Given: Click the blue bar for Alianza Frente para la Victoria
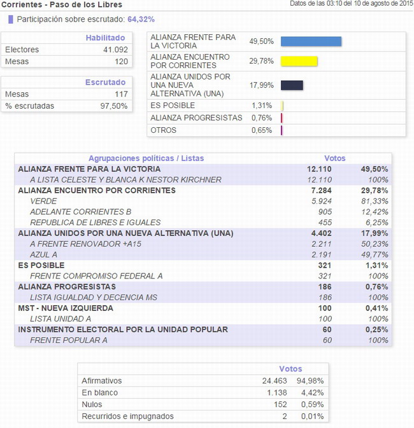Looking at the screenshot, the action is (x=311, y=41).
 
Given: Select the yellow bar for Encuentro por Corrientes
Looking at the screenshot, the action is (x=299, y=61).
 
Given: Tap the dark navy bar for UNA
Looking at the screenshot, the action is (x=292, y=85).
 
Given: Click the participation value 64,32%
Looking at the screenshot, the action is (x=141, y=19).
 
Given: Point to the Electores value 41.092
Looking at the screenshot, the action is (x=115, y=50).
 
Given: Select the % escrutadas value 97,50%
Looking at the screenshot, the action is (x=114, y=106).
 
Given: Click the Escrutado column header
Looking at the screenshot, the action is (x=105, y=82).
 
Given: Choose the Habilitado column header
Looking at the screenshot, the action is (x=105, y=38).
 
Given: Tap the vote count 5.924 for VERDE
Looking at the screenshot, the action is (x=322, y=201).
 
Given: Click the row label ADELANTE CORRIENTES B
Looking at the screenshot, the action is (x=81, y=212).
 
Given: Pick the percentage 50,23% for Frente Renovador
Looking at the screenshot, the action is (x=375, y=244).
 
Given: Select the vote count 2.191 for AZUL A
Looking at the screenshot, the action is (x=322, y=254).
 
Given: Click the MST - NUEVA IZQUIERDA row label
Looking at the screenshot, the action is (x=66, y=308).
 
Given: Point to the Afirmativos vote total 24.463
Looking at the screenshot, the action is (x=275, y=381).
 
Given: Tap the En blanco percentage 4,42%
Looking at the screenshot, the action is (x=312, y=393).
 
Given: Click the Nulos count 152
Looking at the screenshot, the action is (x=280, y=404).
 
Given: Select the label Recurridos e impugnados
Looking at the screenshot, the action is (x=127, y=417).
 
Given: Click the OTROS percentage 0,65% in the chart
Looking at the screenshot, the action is (x=262, y=130).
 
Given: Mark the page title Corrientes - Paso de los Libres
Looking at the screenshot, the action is (x=62, y=4).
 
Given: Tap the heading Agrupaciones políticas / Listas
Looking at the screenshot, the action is (x=146, y=158).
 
